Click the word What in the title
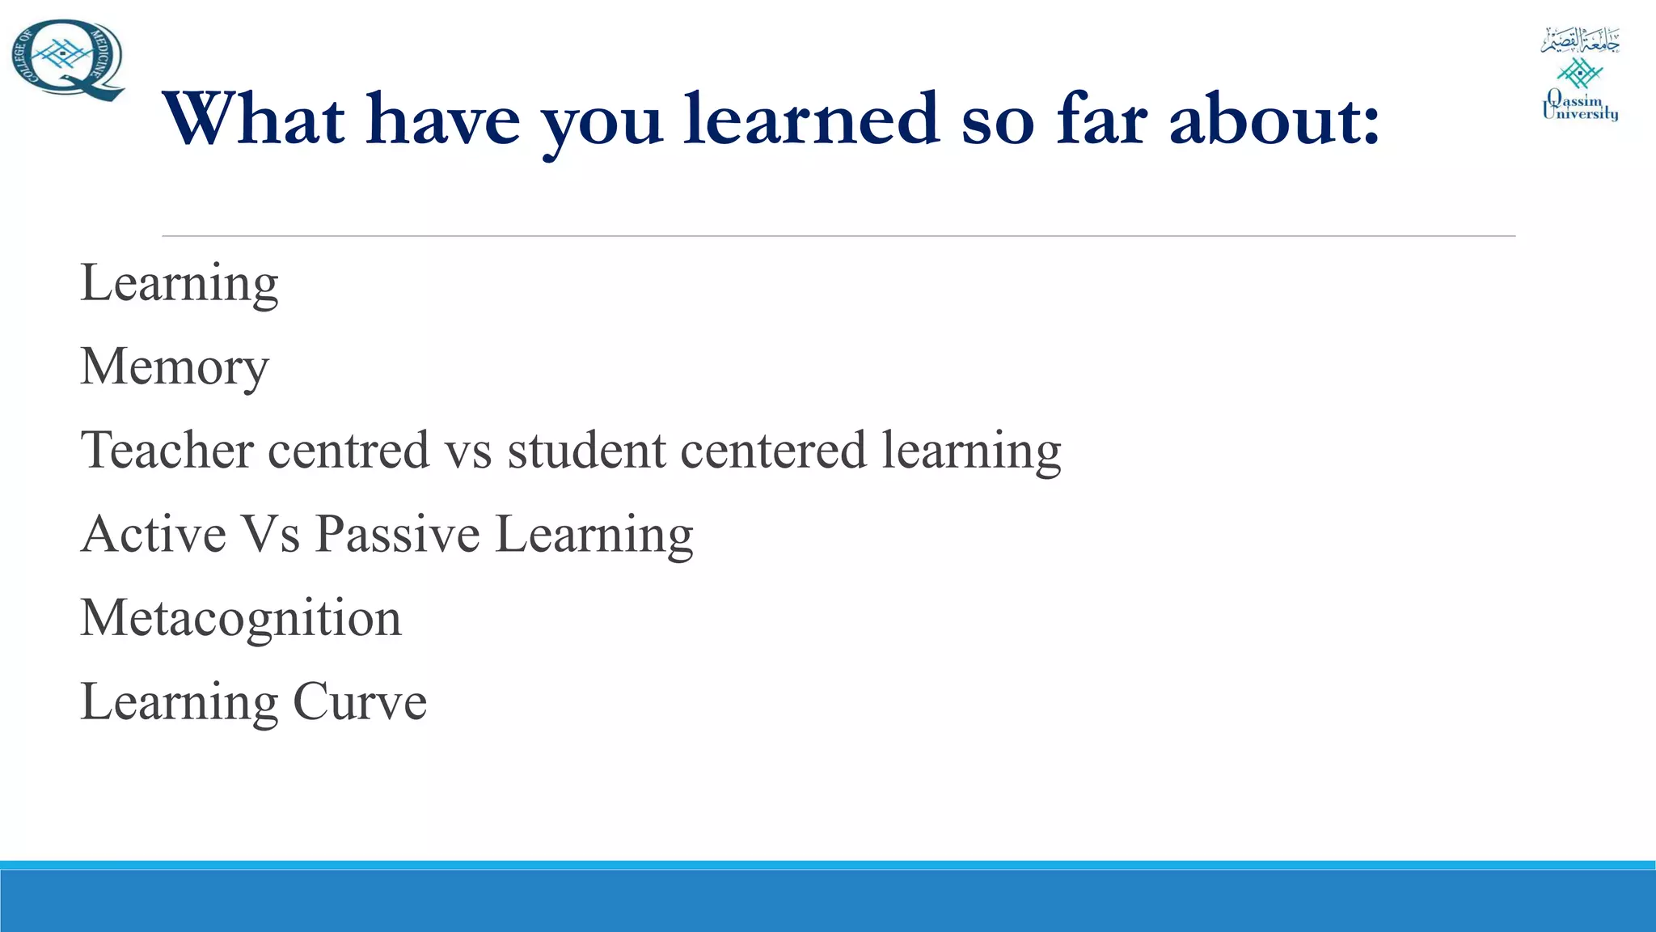pyautogui.click(x=255, y=120)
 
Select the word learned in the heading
pyautogui.click(x=812, y=120)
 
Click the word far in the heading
pyautogui.click(x=1101, y=120)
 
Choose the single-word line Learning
pyautogui.click(x=179, y=284)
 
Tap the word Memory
pyautogui.click(x=174, y=368)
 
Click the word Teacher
pyautogui.click(x=167, y=450)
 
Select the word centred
pyautogui.click(x=349, y=451)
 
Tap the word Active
pyautogui.click(x=154, y=535)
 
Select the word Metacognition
pyautogui.click(x=241, y=618)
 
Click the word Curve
pyautogui.click(x=359, y=701)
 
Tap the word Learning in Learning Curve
pyautogui.click(x=179, y=701)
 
